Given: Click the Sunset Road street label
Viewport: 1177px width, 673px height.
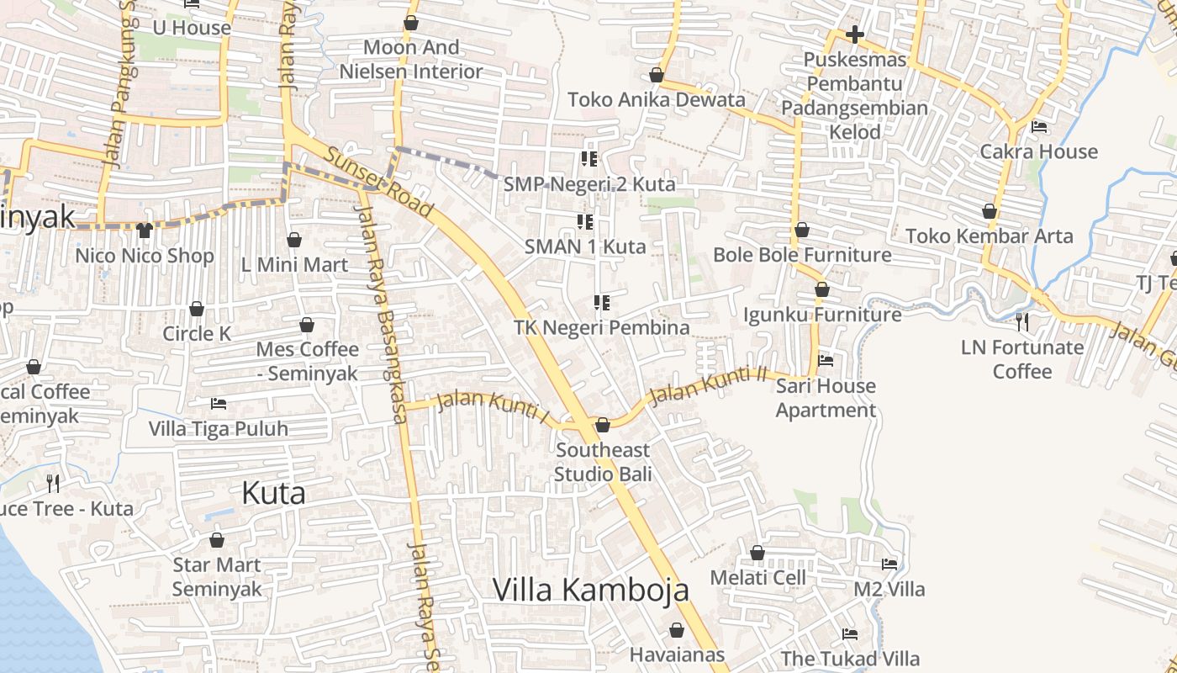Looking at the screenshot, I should click(379, 183).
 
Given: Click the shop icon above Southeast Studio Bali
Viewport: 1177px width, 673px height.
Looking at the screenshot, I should click(602, 425).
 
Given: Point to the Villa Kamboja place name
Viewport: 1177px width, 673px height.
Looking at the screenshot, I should click(590, 590).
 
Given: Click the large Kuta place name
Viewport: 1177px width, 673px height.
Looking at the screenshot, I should click(273, 493).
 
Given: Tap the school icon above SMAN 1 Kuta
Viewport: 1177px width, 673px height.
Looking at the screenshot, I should click(585, 222).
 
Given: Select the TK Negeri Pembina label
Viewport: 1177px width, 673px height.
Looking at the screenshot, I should click(601, 327).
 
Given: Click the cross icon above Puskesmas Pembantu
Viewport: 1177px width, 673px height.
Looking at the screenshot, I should click(854, 34).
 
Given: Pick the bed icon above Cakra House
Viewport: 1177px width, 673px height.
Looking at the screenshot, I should click(1039, 127).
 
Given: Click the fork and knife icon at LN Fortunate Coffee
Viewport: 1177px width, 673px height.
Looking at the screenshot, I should click(1021, 321).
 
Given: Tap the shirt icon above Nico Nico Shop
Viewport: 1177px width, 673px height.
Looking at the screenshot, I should click(144, 230).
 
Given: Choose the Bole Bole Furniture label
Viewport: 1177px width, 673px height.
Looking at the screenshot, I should click(802, 254).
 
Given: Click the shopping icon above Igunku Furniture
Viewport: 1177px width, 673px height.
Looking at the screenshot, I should click(822, 289).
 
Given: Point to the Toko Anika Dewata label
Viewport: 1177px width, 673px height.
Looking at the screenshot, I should click(656, 99).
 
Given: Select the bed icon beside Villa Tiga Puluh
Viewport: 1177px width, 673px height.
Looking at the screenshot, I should click(219, 404).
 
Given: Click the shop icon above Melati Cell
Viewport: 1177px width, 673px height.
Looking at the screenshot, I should click(757, 553).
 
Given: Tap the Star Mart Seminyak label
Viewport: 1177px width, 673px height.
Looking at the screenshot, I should click(217, 576).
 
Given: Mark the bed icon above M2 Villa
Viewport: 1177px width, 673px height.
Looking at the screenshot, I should click(889, 564).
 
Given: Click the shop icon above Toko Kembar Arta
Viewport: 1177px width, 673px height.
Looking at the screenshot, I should click(990, 211).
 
